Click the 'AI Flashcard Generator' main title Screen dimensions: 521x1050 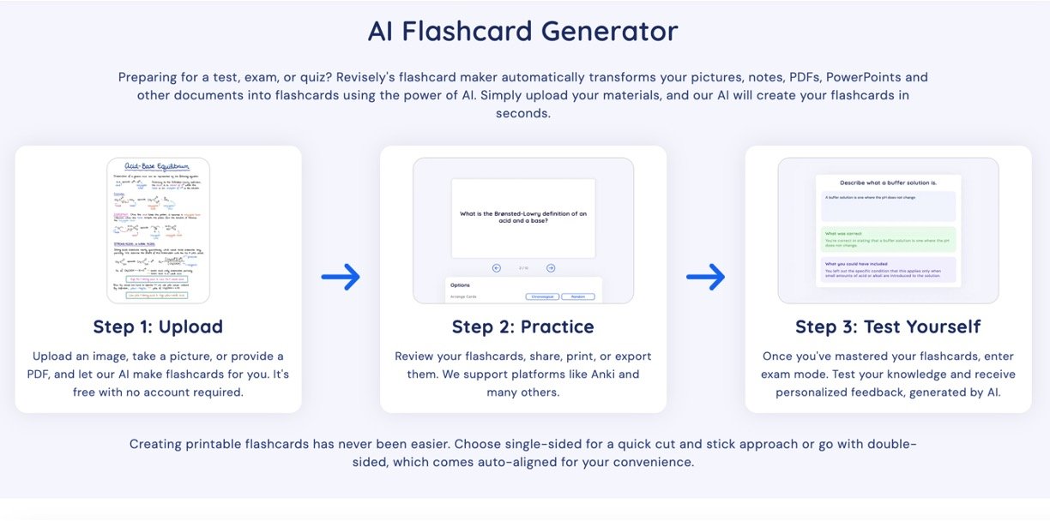[522, 32]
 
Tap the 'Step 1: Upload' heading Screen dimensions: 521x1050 [158, 326]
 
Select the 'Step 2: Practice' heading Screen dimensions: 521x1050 [522, 326]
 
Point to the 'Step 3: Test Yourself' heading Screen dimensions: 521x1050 [888, 326]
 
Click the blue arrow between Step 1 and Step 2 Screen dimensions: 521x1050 [341, 277]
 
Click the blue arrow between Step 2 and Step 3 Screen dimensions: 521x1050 [705, 277]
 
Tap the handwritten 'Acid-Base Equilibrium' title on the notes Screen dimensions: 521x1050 [158, 167]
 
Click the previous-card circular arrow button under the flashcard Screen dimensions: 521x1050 [497, 268]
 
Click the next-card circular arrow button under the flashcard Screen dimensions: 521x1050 [551, 268]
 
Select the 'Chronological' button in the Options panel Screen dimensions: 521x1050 [542, 296]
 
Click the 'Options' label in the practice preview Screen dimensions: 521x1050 [460, 284]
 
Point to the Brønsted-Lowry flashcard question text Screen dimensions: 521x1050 [523, 217]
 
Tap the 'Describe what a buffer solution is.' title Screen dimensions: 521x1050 [888, 183]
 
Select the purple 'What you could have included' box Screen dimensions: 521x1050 [888, 270]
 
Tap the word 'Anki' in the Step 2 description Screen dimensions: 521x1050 [629, 374]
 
